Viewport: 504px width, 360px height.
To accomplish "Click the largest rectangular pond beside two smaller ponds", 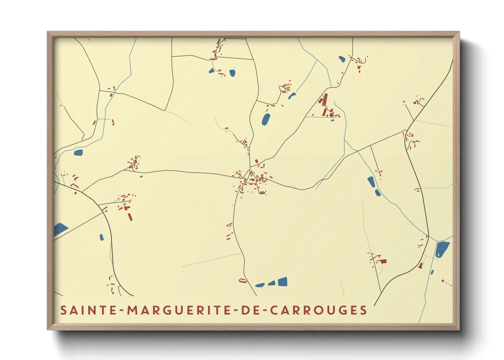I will [x=283, y=282].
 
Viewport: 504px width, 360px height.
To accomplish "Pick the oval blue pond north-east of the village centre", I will [x=266, y=119].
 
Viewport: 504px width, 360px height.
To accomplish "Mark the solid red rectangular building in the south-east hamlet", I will [x=383, y=261].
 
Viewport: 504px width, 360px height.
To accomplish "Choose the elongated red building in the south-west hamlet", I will [x=130, y=217].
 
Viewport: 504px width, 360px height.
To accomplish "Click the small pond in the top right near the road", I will [x=342, y=59].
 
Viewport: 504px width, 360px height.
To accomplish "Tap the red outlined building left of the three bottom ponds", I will [x=242, y=281].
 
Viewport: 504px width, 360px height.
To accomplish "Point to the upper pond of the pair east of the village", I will [x=371, y=181].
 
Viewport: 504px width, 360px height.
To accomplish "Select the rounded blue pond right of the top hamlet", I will [x=232, y=73].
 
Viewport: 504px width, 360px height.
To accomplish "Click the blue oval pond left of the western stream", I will [x=78, y=152].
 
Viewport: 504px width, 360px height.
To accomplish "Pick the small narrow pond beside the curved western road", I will [x=101, y=237].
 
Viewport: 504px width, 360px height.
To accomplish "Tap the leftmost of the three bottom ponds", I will [x=260, y=285].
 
